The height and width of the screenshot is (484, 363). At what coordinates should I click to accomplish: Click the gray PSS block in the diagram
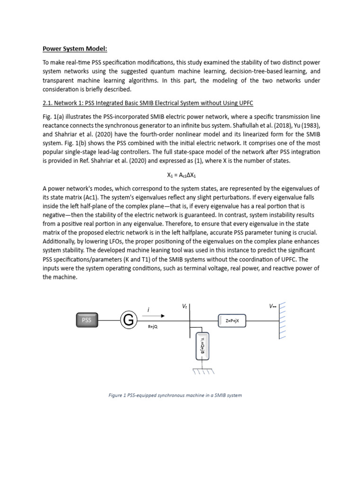86,320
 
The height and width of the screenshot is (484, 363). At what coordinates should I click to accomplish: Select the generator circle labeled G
127,320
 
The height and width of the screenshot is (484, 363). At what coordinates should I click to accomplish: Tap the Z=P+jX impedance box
233,320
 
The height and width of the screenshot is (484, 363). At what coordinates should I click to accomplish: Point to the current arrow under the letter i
156,316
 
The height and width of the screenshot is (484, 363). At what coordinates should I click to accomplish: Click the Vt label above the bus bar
185,307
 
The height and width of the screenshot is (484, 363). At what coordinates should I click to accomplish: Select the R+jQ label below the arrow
153,326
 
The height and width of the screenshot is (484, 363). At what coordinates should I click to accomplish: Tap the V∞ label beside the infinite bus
273,306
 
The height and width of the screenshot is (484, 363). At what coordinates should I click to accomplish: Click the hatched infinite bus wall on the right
283,320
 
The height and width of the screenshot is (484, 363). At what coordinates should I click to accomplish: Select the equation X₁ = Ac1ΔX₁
181,174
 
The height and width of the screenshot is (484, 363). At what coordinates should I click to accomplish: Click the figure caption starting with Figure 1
175,395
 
